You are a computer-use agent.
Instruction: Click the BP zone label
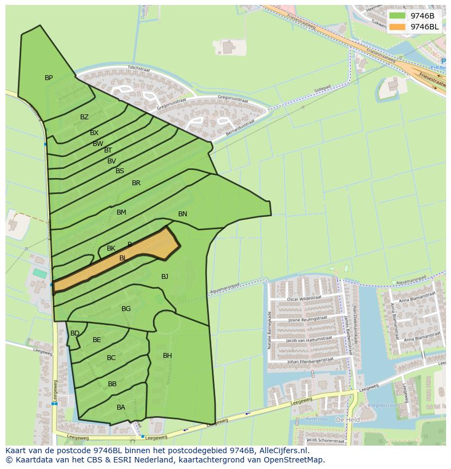coord(48,78)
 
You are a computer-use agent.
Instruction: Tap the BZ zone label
coord(84,117)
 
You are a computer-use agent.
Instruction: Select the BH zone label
coord(167,356)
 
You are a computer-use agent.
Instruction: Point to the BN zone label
coord(182,214)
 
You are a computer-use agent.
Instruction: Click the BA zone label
coord(121,407)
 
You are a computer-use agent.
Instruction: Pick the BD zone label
coord(75,333)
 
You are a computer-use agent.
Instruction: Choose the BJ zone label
coord(164,277)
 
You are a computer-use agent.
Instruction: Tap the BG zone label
coord(126,309)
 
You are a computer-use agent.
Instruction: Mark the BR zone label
coord(136,183)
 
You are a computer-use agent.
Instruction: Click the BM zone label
coord(121,212)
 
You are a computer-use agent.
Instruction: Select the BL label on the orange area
coord(123,258)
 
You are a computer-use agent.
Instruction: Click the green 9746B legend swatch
coord(398,16)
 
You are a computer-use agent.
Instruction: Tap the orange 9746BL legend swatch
coord(398,27)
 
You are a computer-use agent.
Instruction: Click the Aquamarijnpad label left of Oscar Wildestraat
coord(240,284)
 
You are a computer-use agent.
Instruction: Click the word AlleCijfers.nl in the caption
coord(283,450)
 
